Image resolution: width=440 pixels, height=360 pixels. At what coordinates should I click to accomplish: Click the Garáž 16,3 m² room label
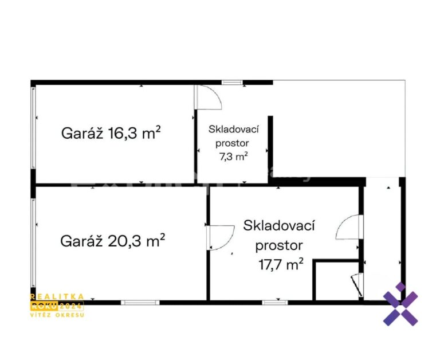(x=111, y=133)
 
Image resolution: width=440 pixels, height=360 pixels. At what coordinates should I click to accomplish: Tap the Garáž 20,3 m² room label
(x=112, y=240)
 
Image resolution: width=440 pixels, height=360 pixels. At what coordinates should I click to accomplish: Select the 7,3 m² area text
(x=233, y=156)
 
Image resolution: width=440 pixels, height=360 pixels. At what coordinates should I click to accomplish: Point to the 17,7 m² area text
(x=281, y=264)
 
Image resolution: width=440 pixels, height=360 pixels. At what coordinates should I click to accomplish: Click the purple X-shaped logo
(x=400, y=304)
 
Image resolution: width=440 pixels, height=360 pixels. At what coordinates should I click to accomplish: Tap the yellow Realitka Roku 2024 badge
(x=57, y=306)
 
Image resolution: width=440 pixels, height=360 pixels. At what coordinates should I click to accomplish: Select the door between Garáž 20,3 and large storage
(x=221, y=237)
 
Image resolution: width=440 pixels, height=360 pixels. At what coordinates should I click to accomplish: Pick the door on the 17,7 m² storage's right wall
(x=349, y=227)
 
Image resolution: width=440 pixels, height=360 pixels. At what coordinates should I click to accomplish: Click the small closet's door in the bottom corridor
(x=357, y=285)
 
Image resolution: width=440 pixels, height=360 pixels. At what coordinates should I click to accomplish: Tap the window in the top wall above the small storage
(x=232, y=83)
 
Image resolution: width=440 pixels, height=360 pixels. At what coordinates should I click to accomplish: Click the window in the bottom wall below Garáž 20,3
(x=140, y=303)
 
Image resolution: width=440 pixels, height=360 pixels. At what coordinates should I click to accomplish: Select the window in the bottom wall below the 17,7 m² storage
(x=275, y=303)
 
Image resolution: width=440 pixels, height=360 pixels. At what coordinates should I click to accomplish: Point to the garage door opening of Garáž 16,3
(x=33, y=127)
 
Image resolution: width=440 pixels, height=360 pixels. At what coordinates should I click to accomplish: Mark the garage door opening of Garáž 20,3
(x=33, y=242)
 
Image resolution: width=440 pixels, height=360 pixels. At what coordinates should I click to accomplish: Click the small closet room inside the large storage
(x=337, y=281)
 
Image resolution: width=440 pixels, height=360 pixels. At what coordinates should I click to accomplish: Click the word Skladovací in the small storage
(x=234, y=130)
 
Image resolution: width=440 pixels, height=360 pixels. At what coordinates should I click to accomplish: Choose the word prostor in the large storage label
(x=279, y=246)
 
